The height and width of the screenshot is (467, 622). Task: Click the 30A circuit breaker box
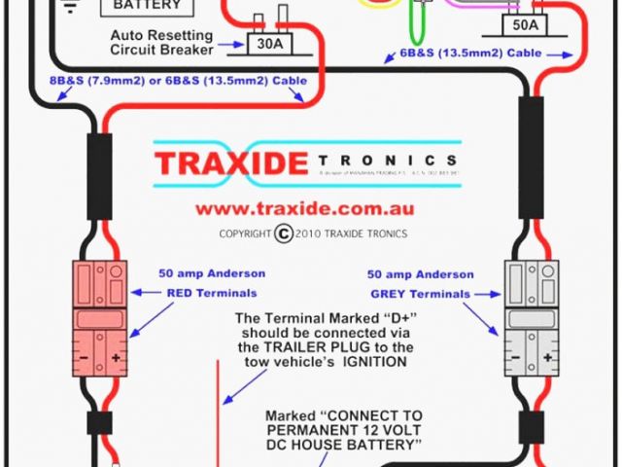pos(264,43)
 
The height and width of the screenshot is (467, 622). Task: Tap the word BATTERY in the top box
pos(147,5)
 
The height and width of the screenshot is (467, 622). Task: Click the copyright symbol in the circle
pos(284,233)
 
